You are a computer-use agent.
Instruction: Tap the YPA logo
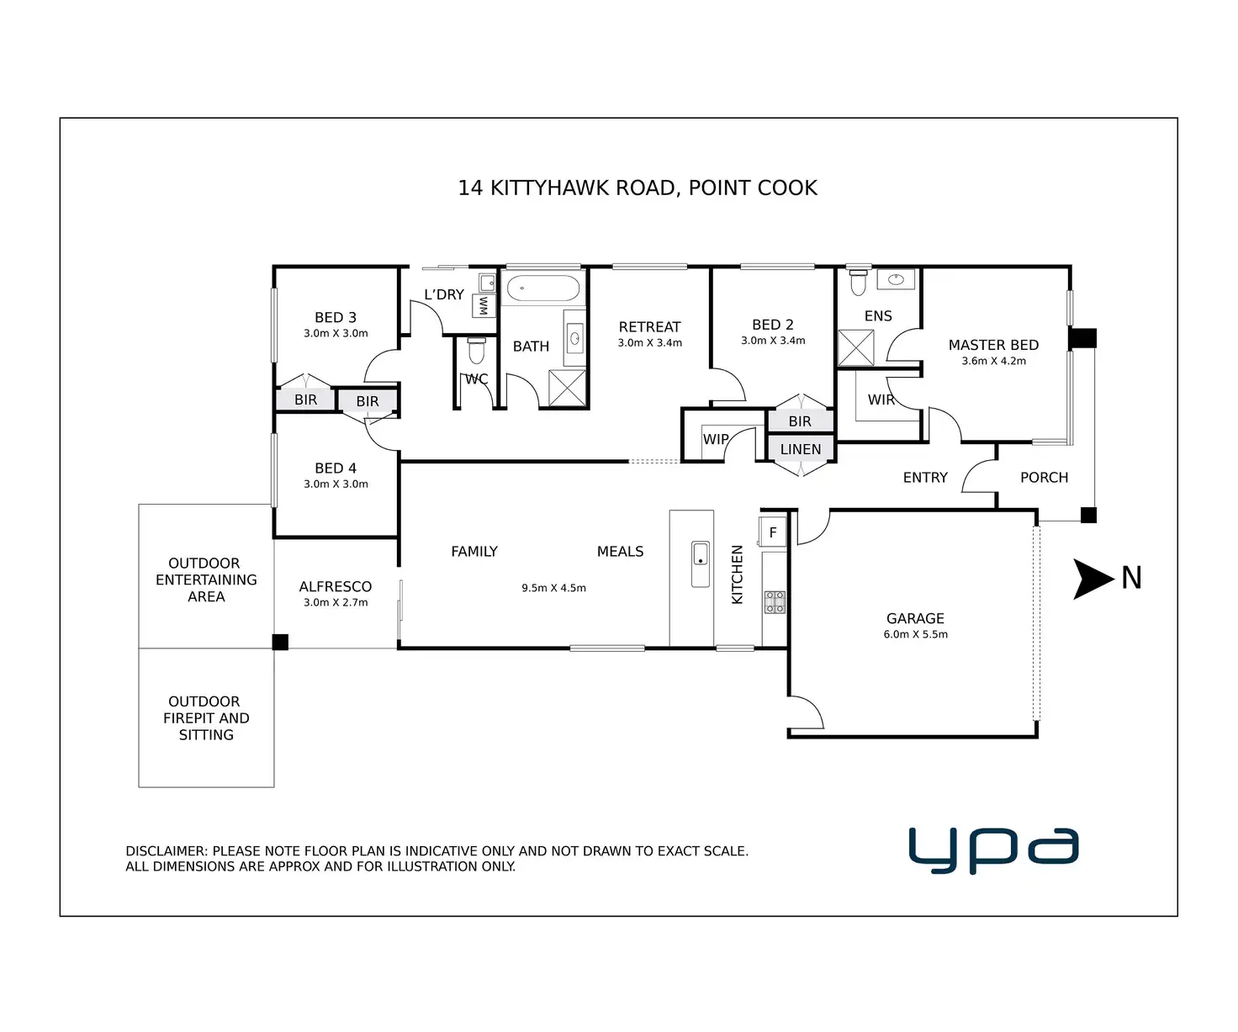coord(993,849)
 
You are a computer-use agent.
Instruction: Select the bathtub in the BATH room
coord(543,288)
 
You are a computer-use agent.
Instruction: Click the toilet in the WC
coord(476,350)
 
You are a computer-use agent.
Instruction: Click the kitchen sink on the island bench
coord(701,564)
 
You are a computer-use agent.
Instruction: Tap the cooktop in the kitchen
coord(775,602)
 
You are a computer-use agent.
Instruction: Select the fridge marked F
coord(773,532)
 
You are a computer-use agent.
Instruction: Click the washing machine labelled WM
coord(484,305)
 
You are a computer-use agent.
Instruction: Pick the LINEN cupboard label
coord(800,449)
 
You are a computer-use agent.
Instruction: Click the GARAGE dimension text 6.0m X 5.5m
coord(915,634)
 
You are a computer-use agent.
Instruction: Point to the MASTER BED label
coord(993,345)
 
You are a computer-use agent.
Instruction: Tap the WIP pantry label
coord(716,439)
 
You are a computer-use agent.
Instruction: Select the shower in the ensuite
coord(856,348)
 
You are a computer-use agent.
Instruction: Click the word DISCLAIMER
coord(166,851)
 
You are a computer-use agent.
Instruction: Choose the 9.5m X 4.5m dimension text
coord(553,588)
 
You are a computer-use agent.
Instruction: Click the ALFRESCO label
coord(335,586)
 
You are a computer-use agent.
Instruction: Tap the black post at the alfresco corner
coord(281,642)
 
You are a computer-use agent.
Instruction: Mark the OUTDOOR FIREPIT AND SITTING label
coord(206,717)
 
